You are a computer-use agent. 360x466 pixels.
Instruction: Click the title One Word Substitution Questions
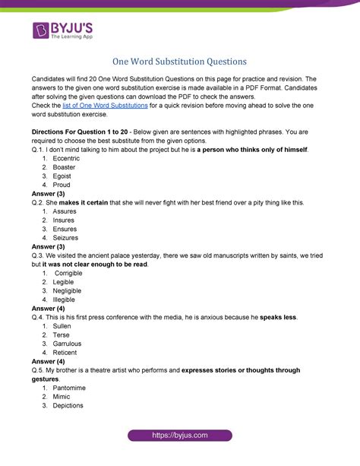(x=179, y=59)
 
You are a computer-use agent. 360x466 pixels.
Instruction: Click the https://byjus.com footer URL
(x=179, y=454)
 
